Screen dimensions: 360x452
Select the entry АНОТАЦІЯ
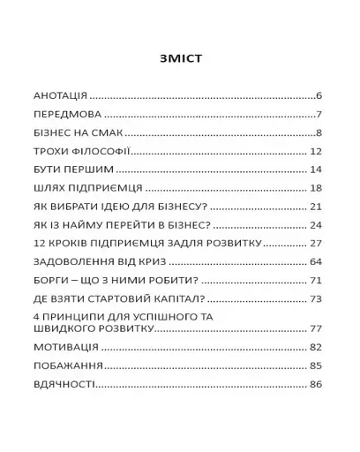[60, 94]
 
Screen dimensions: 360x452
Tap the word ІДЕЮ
[130, 207]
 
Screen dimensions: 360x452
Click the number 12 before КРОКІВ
[40, 243]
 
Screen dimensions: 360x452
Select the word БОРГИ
[52, 281]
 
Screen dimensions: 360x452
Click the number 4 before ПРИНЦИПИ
[36, 316]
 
